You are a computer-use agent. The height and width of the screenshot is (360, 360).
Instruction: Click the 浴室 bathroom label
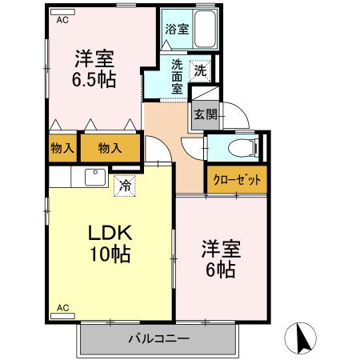pos(177,30)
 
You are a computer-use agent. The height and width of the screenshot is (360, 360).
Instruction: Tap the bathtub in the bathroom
pos(206,30)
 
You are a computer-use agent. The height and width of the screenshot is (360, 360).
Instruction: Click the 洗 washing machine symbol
pos(202,70)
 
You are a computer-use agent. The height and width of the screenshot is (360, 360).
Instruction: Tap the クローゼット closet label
pos(237,179)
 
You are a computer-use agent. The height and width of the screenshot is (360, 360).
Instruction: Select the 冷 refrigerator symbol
pos(125,185)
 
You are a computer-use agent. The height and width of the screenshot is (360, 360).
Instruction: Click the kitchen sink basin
pos(95,177)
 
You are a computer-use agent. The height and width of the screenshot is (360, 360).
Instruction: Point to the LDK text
pos(109,234)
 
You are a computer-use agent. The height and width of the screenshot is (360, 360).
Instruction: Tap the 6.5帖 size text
pos(94,80)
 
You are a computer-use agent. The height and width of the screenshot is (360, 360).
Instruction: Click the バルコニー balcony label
pos(159,338)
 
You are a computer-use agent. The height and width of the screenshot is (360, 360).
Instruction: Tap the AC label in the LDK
pos(62,307)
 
